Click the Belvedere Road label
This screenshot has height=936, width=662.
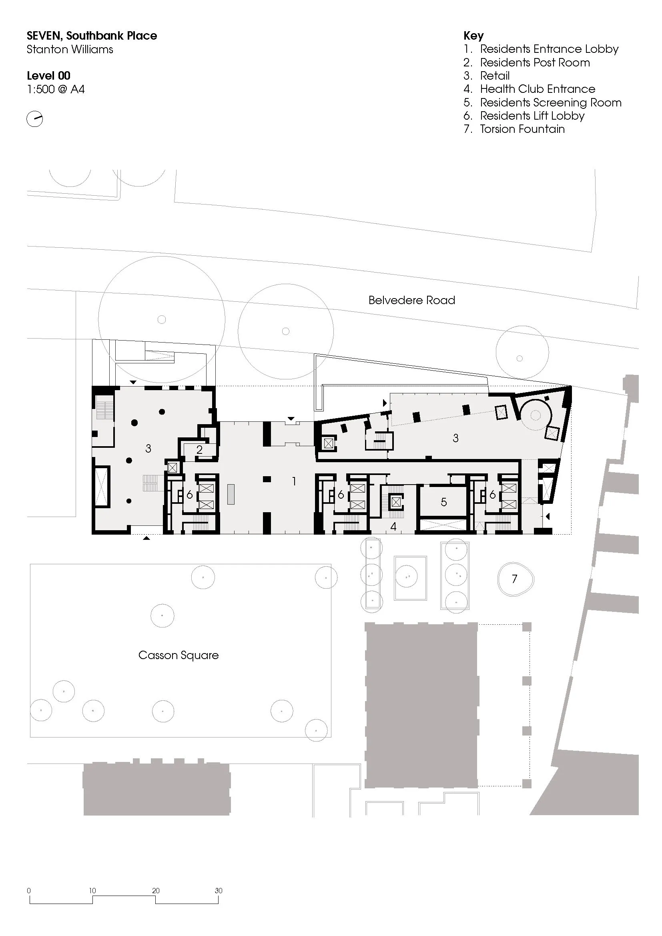(412, 301)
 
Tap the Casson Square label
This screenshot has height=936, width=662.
(179, 655)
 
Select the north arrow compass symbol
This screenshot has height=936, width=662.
(35, 119)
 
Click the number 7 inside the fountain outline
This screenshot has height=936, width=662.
(514, 579)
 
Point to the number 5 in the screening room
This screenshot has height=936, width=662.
(444, 502)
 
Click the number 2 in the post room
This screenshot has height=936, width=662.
(199, 450)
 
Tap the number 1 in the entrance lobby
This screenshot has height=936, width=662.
(294, 481)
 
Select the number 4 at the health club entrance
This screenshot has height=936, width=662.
(393, 527)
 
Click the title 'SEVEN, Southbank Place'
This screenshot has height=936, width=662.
(92, 36)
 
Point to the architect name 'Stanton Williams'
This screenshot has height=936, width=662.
(70, 50)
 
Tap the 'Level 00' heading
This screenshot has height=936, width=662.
(48, 76)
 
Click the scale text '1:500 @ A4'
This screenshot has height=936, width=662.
(56, 89)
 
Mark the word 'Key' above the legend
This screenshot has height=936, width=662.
(473, 36)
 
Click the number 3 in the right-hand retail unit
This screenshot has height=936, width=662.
(456, 438)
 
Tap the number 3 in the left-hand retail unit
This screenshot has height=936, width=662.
(148, 449)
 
